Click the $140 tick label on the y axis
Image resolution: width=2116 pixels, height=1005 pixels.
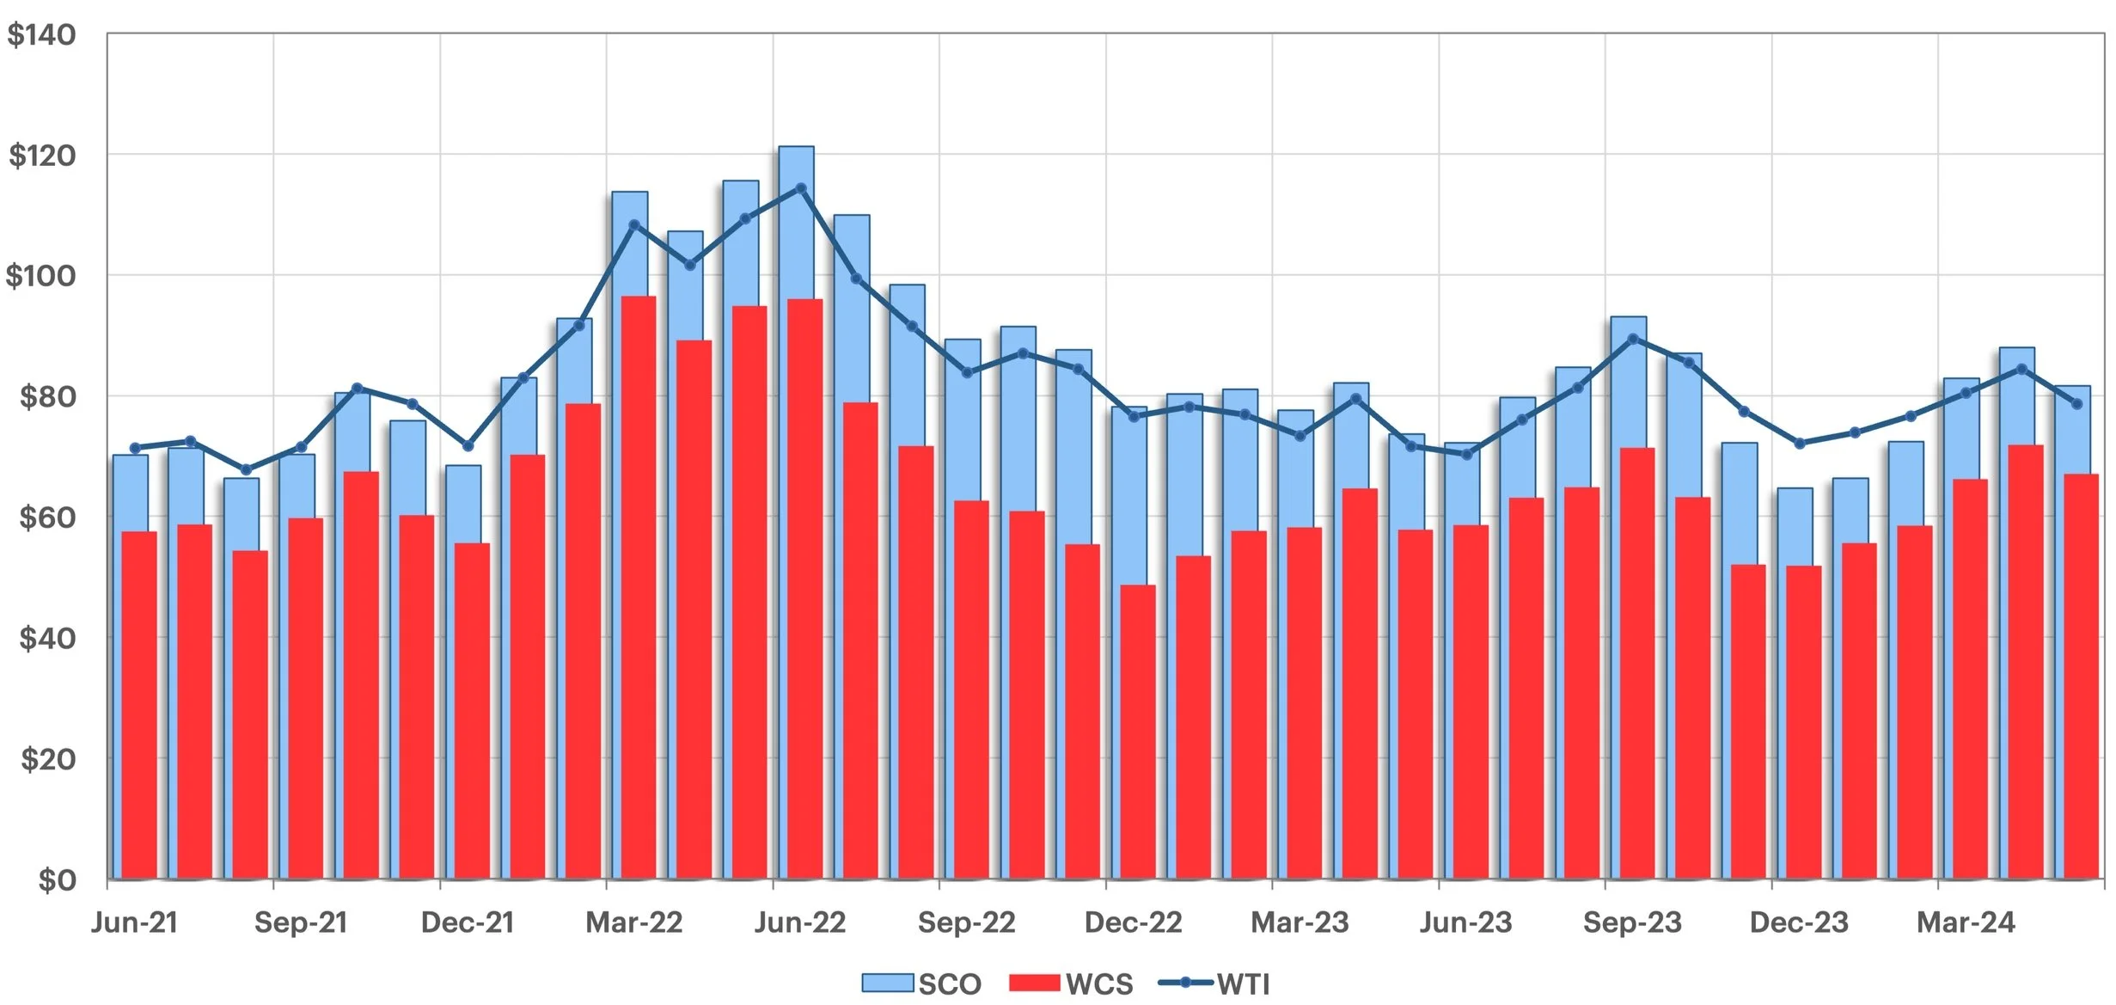tap(41, 35)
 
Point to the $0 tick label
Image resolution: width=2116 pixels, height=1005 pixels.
tap(57, 880)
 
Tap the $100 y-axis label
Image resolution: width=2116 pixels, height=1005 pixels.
tap(41, 276)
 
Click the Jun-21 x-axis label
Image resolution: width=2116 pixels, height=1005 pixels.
tap(134, 922)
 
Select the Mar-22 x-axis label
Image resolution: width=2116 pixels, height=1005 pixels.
tap(633, 922)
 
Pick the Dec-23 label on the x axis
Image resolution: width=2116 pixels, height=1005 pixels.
tap(1799, 922)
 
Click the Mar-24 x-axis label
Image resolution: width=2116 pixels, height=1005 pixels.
tap(1966, 922)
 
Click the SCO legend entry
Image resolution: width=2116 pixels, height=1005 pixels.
tap(921, 984)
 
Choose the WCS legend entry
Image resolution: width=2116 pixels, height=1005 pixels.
tap(1071, 984)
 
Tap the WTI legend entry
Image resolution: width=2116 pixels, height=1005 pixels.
tap(1214, 984)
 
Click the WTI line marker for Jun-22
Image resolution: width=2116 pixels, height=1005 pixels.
tap(801, 188)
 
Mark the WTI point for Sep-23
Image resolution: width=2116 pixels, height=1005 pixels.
tap(1633, 339)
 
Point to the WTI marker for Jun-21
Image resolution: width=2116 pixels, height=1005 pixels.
tap(135, 448)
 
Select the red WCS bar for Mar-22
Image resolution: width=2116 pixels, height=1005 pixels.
tap(639, 585)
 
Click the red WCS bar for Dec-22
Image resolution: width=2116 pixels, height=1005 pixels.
tap(1138, 731)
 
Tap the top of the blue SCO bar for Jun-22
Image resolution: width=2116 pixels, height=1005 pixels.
tap(796, 148)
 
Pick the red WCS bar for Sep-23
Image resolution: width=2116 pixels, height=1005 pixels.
tap(1637, 662)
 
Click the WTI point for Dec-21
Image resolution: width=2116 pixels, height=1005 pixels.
tap(468, 446)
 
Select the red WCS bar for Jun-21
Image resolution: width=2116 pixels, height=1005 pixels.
tap(139, 705)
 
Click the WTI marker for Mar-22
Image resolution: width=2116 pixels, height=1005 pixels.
tap(634, 225)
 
